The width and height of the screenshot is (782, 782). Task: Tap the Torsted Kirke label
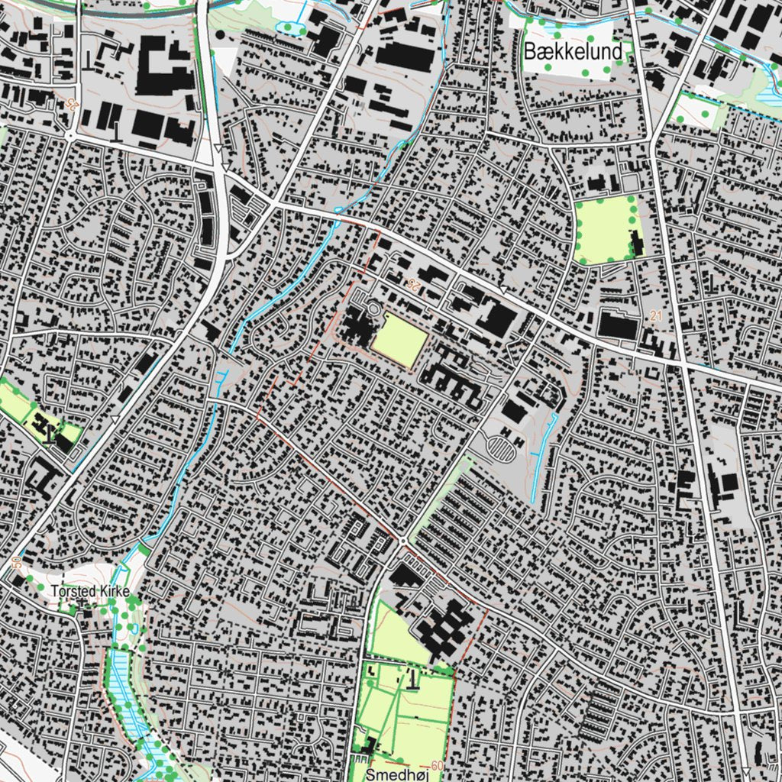click(86, 591)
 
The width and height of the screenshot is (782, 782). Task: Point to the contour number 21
click(656, 315)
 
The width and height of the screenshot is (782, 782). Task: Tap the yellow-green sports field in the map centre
click(399, 339)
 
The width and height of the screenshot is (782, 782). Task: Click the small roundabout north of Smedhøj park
click(402, 541)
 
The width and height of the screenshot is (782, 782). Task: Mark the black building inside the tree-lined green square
click(635, 243)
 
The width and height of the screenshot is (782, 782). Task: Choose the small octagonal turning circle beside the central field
click(373, 309)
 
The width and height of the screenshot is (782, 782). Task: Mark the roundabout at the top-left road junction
click(69, 137)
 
